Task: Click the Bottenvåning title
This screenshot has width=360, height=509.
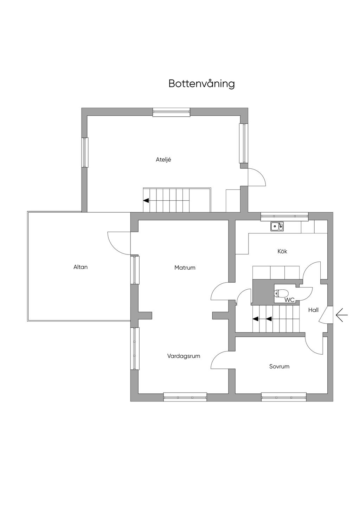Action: point(201,84)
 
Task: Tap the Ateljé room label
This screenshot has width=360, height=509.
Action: point(163,160)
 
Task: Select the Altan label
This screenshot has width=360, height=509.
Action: point(81,267)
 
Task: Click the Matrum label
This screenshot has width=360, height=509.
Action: point(185,268)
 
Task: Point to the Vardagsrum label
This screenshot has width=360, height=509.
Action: point(184,356)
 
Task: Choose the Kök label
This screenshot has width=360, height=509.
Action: point(282,251)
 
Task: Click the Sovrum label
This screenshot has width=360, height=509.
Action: point(279,366)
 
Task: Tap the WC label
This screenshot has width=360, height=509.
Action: point(290,300)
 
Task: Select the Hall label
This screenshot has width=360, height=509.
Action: point(313,310)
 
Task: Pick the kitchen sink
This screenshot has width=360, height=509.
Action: point(277,226)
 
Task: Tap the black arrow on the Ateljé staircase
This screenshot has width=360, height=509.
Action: point(146,200)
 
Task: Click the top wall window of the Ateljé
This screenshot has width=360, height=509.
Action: point(171,112)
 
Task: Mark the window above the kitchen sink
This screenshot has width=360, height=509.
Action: point(284,216)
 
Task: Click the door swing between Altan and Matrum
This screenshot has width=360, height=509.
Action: point(119,243)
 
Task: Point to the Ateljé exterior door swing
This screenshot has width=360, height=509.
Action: point(257,177)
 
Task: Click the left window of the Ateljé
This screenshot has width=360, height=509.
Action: point(84,153)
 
